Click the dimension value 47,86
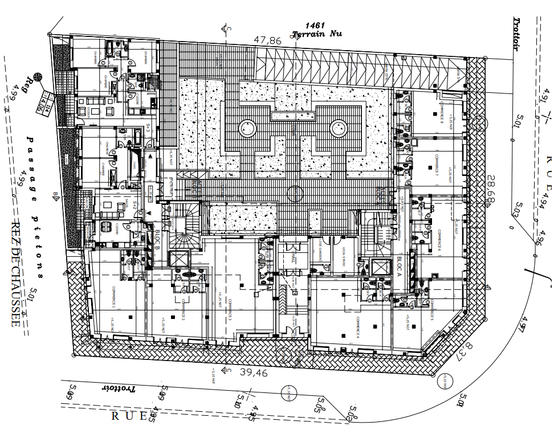tap(268, 40)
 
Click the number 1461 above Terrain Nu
tap(315, 25)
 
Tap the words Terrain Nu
tap(316, 34)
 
